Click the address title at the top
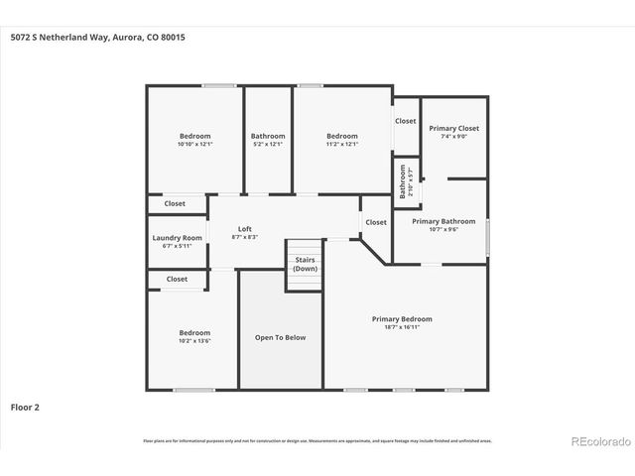pyautogui.click(x=97, y=38)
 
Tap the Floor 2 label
pyautogui.click(x=25, y=407)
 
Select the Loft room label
pyautogui.click(x=244, y=229)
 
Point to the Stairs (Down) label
pyautogui.click(x=305, y=264)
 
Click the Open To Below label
pyautogui.click(x=281, y=337)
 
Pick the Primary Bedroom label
pyautogui.click(x=402, y=319)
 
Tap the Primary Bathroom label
pyautogui.click(x=444, y=221)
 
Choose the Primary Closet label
pyautogui.click(x=453, y=128)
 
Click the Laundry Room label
pyautogui.click(x=178, y=238)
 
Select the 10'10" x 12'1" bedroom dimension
pyautogui.click(x=194, y=145)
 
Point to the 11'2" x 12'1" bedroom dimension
pyautogui.click(x=342, y=145)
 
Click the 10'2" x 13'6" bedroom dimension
pyautogui.click(x=194, y=340)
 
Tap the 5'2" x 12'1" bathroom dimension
pyautogui.click(x=268, y=145)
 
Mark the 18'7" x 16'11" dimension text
pyautogui.click(x=402, y=327)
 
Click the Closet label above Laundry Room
pyautogui.click(x=175, y=203)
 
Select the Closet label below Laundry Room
pyautogui.click(x=177, y=280)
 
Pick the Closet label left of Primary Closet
pyautogui.click(x=406, y=121)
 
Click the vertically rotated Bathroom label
pyautogui.click(x=403, y=181)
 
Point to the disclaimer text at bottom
pyautogui.click(x=317, y=440)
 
